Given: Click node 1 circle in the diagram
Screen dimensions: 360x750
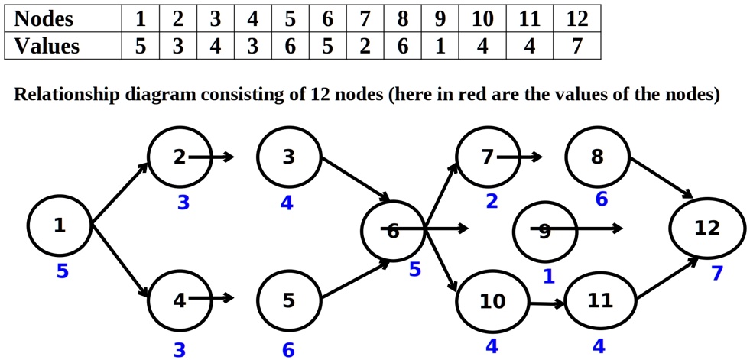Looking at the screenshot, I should [x=59, y=225].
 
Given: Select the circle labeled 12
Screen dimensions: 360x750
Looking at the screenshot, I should [x=706, y=228].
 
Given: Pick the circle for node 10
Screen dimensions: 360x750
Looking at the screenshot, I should [x=492, y=301].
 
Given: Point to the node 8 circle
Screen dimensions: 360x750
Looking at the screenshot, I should [x=597, y=157].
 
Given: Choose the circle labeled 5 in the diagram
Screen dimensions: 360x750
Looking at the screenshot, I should [x=288, y=300].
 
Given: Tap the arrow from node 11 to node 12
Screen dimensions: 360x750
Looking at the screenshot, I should [x=666, y=278].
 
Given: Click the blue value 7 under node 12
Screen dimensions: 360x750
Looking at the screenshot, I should [x=716, y=273].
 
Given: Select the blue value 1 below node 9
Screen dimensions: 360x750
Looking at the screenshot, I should [x=548, y=277].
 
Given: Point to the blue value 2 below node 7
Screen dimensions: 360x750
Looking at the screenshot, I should [x=492, y=202].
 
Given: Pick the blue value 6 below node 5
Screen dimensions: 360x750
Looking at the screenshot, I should [x=288, y=350].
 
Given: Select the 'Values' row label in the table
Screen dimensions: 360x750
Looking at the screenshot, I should [x=47, y=46].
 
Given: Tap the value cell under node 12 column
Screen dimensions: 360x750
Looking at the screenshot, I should [x=576, y=46].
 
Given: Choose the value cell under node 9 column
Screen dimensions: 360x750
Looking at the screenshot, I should [x=440, y=46].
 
